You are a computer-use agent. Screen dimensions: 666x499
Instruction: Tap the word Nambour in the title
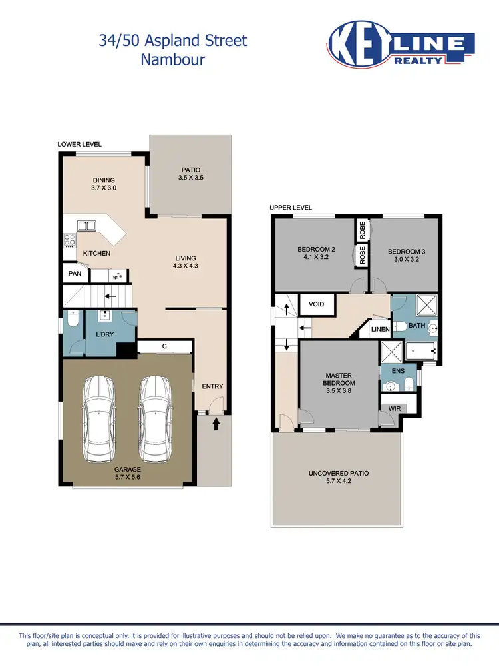coord(172,59)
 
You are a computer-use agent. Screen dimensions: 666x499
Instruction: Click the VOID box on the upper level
coord(317,304)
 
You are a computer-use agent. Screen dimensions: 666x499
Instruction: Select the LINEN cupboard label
coord(380,329)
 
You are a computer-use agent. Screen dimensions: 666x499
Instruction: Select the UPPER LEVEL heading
coord(290,208)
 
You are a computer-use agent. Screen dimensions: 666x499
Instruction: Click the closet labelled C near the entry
coord(164,346)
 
